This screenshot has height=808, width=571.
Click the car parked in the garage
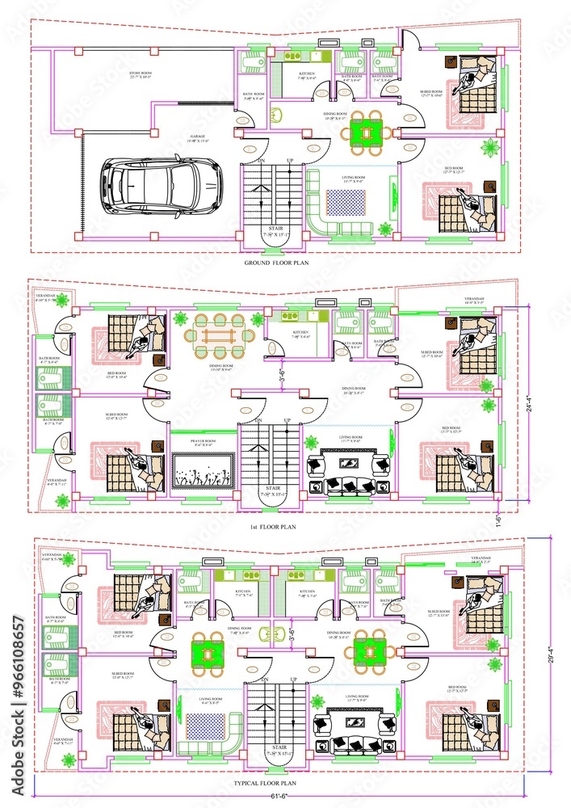pyautogui.click(x=162, y=184)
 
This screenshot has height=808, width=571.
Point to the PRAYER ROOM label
pyautogui.click(x=203, y=442)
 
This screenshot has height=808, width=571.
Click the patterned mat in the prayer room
pyautogui.click(x=204, y=471)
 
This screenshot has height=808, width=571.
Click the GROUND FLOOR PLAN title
pyautogui.click(x=275, y=263)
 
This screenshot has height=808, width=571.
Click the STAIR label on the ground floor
pyautogui.click(x=274, y=229)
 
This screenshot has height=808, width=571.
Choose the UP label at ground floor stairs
pyautogui.click(x=289, y=161)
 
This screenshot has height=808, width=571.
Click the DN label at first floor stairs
pyautogui.click(x=259, y=421)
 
